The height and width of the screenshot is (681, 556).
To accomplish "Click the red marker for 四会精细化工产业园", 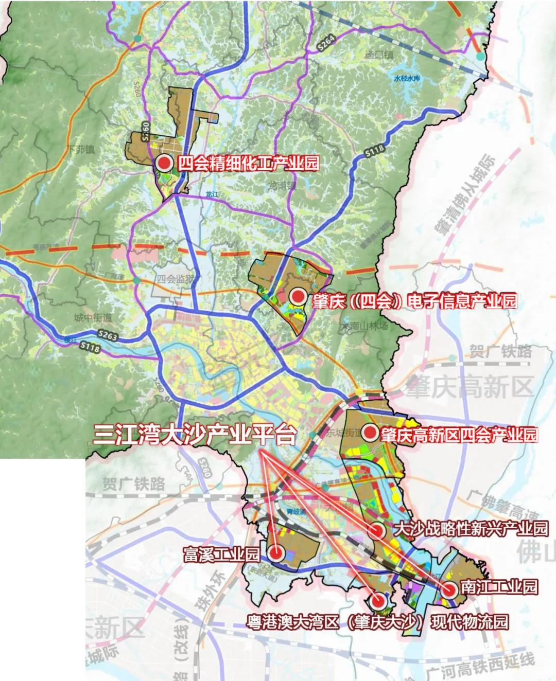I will click(165, 163).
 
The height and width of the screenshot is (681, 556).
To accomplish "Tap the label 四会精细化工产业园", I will click(248, 164).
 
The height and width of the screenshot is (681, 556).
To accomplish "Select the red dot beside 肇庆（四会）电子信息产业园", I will click(297, 296).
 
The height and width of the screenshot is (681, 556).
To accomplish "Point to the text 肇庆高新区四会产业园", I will click(458, 435).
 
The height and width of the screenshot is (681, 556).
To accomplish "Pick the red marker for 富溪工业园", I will click(276, 553).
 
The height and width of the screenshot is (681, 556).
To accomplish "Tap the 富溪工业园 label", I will click(222, 554).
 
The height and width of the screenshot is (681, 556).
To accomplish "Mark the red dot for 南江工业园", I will click(449, 589).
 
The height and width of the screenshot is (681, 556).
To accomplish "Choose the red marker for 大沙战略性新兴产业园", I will click(377, 530).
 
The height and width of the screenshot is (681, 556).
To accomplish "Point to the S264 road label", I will click(326, 44).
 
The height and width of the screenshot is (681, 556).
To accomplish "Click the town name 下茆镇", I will click(82, 150).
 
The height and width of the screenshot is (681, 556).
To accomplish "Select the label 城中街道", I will click(93, 317).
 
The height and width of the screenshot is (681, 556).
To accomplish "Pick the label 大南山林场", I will click(363, 326).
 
